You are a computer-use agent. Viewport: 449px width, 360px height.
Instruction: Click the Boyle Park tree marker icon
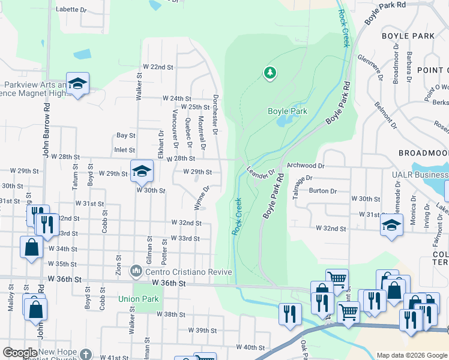click(270, 73)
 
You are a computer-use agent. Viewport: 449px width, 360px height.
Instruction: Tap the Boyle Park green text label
click(288, 111)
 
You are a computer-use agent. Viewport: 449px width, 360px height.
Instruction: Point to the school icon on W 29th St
click(142, 171)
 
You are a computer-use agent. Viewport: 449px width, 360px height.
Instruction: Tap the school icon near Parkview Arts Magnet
click(77, 84)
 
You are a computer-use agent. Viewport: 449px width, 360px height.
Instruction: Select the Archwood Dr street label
click(306, 165)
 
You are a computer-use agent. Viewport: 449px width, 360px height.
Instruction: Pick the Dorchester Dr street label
click(215, 113)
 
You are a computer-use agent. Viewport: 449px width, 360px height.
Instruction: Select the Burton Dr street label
click(323, 190)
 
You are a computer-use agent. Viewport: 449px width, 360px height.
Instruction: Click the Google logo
click(19, 353)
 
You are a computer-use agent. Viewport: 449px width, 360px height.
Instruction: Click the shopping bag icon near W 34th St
click(31, 247)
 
